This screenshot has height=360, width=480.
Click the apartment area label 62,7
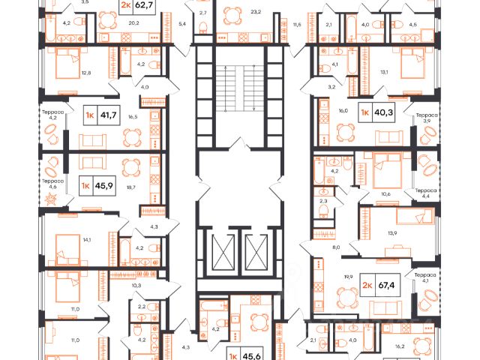click(x=145, y=7)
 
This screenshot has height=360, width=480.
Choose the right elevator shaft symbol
click(x=256, y=252)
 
